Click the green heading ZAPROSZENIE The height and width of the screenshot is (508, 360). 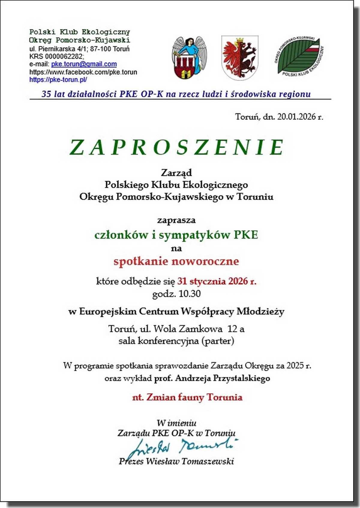[x=177, y=147]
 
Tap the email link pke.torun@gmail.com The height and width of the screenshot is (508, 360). [x=84, y=64]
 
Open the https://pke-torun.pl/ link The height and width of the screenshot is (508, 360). [x=58, y=80]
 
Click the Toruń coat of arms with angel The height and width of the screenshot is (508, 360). [x=189, y=58]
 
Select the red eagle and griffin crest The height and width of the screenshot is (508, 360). [x=240, y=58]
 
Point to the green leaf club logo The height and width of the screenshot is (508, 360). [x=299, y=56]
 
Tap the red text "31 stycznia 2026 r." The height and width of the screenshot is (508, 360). [x=217, y=281]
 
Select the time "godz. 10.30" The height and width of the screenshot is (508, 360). [x=176, y=294]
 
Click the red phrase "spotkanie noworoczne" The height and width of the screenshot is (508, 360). [x=176, y=261]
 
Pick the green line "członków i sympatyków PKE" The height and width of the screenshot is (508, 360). [x=176, y=235]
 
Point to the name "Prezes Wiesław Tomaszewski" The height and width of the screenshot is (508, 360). [x=176, y=461]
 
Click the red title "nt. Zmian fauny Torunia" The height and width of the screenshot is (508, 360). [x=187, y=397]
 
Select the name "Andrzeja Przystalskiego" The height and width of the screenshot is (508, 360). [x=223, y=378]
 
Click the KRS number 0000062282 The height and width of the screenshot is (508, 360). [x=64, y=56]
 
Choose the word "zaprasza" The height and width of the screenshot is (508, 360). [x=176, y=220]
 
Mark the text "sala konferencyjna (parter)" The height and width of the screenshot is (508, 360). [x=176, y=341]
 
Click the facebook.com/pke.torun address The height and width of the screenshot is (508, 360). [x=83, y=72]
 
